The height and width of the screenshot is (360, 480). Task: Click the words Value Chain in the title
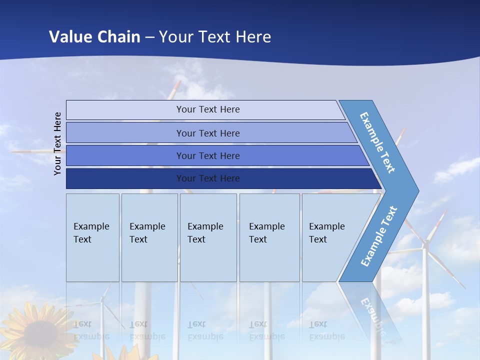click(x=94, y=36)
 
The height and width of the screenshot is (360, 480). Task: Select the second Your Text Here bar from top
click(x=208, y=133)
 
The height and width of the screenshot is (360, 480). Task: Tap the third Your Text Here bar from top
click(x=208, y=155)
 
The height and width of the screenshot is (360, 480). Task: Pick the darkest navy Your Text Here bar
click(x=208, y=178)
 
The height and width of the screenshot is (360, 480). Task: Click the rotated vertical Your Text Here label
click(x=58, y=143)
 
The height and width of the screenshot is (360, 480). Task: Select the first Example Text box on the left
click(x=92, y=237)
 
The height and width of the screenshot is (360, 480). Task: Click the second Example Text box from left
click(x=149, y=237)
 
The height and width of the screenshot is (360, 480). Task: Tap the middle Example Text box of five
click(x=208, y=237)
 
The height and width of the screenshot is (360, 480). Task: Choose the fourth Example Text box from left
click(x=269, y=237)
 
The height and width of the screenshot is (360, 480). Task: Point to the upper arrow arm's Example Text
click(x=378, y=142)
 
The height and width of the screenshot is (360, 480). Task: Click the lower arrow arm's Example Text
click(x=379, y=236)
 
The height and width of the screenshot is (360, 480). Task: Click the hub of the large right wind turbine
click(x=425, y=244)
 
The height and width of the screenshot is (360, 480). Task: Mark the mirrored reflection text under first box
click(x=91, y=330)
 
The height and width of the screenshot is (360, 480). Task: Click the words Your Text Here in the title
click(x=215, y=36)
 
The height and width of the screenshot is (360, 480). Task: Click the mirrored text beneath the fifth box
click(x=326, y=330)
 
